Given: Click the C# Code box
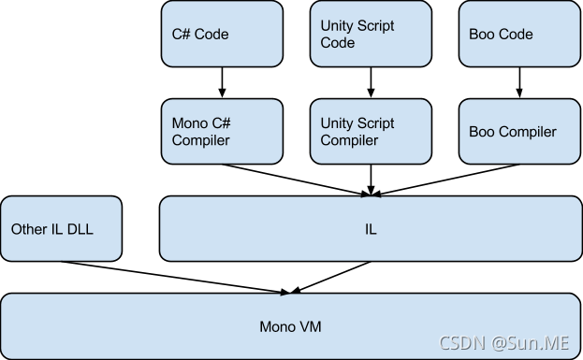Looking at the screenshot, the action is tap(222, 34).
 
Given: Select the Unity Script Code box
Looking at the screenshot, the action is tap(371, 34).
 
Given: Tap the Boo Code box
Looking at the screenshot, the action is tap(519, 34).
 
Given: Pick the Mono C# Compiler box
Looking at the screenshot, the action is tap(222, 131).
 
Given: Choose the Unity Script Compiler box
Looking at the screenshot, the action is tap(371, 131).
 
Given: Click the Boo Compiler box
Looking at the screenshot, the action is tap(519, 131).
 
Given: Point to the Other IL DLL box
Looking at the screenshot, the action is tap(62, 229).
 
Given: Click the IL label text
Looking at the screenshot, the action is tap(371, 229).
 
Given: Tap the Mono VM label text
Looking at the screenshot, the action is tap(290, 327).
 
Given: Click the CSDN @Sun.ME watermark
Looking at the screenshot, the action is tap(504, 342).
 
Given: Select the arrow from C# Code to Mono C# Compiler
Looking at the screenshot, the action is tap(222, 82).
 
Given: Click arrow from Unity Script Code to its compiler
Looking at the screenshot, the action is tap(371, 82).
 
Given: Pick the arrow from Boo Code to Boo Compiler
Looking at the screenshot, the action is tap(519, 82).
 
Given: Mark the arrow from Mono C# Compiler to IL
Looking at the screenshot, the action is tap(297, 180).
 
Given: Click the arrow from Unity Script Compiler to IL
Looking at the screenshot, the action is tap(371, 180).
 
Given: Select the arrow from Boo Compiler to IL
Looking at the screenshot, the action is tap(445, 180).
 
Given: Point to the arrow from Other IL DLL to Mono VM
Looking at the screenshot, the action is tap(176, 278).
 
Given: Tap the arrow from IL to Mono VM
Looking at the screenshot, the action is tap(330, 277).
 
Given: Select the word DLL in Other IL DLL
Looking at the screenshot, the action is tap(80, 229).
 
